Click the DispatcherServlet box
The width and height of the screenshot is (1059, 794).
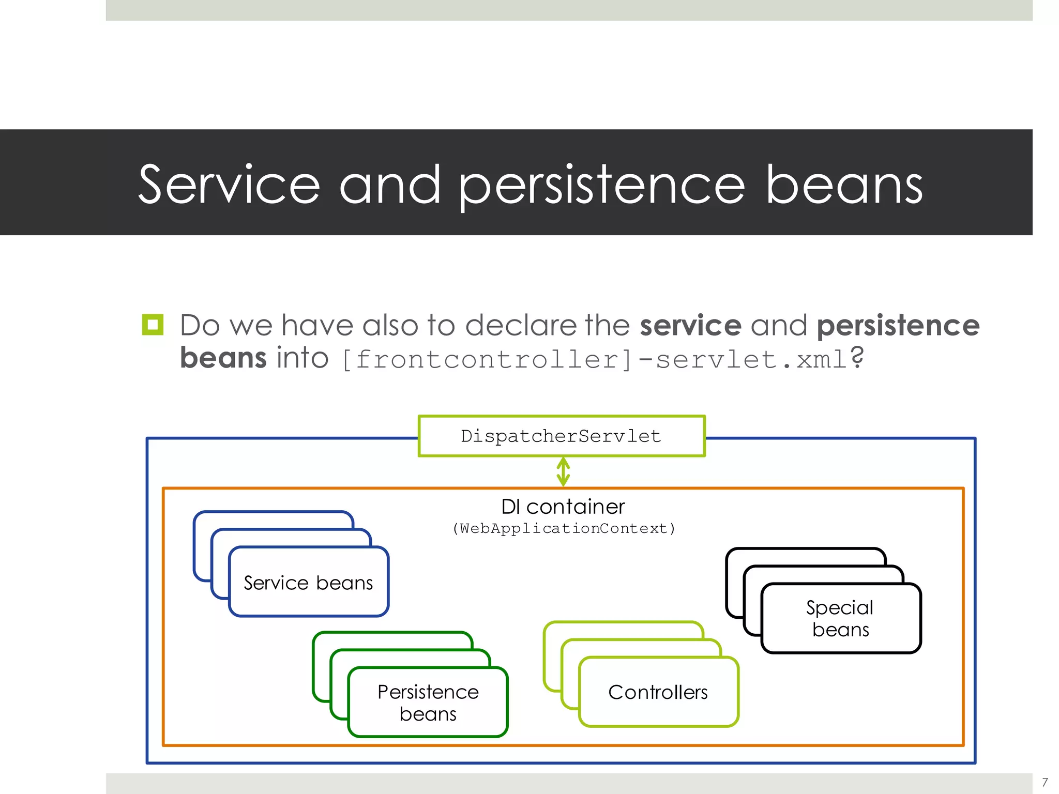(x=562, y=436)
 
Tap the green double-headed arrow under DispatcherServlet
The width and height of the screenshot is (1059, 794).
(x=563, y=471)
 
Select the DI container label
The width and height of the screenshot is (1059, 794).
(x=563, y=507)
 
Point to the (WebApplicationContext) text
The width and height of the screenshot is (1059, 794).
(x=564, y=528)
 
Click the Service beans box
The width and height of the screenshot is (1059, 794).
(x=309, y=583)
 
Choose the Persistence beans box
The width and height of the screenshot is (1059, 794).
(x=428, y=703)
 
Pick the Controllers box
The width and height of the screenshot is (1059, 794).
(x=658, y=692)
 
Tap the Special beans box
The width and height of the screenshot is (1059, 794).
(x=841, y=618)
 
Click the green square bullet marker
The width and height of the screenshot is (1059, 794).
(x=153, y=325)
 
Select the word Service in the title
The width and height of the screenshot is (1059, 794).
(x=229, y=185)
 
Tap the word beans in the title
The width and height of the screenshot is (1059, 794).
(x=844, y=185)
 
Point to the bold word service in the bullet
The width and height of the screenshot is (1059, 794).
(x=690, y=326)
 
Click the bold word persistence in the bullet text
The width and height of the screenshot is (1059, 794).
(x=898, y=326)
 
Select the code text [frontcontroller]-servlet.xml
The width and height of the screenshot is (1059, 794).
(x=595, y=359)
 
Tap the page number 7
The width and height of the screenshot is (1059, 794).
(x=1045, y=782)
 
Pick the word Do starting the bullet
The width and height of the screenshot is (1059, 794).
(x=200, y=326)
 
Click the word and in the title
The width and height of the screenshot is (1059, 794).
(x=389, y=185)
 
